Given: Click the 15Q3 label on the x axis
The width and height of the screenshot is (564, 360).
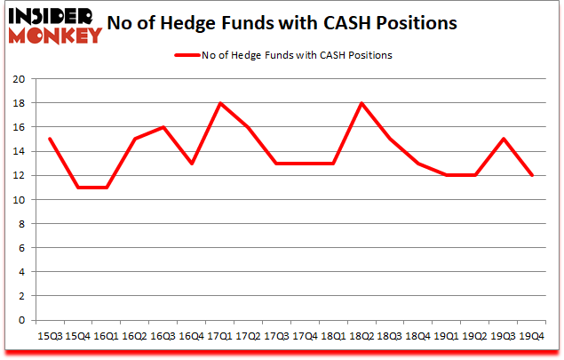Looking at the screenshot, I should coord(49,336).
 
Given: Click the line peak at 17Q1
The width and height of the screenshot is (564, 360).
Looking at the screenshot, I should coord(220,103).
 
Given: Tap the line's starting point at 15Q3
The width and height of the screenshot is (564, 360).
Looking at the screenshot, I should coord(49,139).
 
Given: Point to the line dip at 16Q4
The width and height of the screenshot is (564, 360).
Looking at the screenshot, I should coord(192,164).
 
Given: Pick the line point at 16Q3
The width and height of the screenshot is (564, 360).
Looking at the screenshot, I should coord(163,127).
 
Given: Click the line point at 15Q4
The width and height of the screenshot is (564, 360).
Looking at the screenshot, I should coord(77,188).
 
